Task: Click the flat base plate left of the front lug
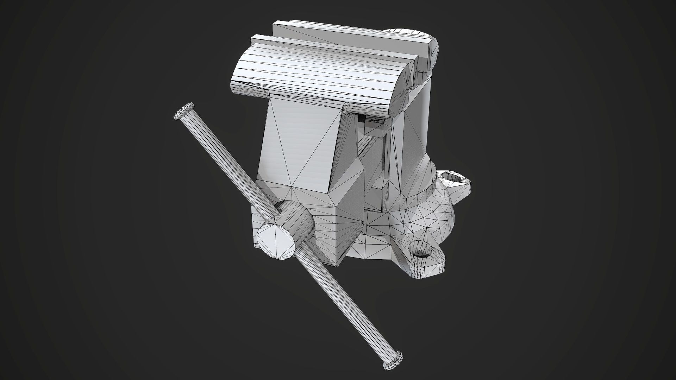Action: click(x=370, y=250)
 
